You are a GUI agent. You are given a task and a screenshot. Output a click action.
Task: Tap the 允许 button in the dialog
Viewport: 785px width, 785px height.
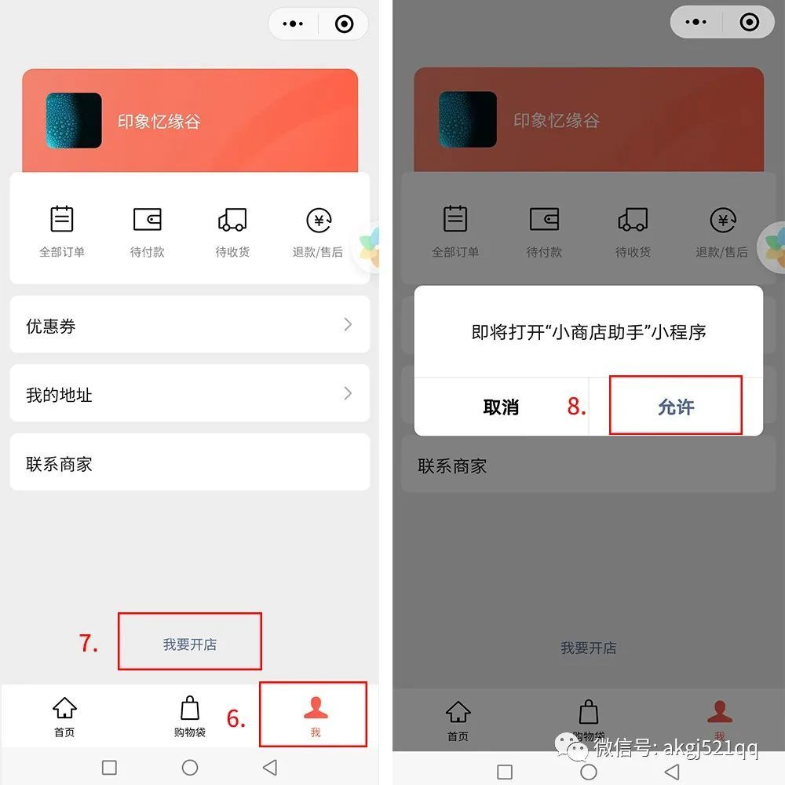click(x=676, y=407)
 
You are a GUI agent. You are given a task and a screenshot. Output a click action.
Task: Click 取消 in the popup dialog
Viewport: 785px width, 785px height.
click(x=501, y=407)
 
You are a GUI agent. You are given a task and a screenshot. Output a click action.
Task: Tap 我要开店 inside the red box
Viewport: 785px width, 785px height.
click(x=190, y=644)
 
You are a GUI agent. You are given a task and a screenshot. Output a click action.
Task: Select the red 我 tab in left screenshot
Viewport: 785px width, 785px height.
click(x=316, y=716)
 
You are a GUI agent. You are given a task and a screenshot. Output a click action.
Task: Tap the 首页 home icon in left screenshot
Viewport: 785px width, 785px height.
click(x=64, y=708)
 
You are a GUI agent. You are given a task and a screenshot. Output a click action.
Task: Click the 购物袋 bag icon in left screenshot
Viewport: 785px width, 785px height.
click(x=190, y=708)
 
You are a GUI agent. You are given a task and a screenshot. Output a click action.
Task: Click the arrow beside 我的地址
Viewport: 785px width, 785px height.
click(x=348, y=393)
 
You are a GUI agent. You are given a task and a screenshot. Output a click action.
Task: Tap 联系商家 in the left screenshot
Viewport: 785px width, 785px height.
click(x=59, y=464)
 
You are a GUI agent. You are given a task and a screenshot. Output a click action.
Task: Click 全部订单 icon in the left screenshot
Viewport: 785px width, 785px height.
click(x=62, y=219)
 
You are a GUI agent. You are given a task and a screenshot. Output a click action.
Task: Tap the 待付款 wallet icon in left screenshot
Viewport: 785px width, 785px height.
click(x=148, y=219)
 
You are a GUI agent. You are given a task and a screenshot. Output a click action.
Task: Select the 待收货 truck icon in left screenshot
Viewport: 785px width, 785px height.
click(x=232, y=220)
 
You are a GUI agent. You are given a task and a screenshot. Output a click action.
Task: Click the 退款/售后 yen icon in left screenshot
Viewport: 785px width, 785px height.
click(x=319, y=221)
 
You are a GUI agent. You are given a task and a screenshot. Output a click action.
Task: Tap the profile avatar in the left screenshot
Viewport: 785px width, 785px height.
click(x=74, y=121)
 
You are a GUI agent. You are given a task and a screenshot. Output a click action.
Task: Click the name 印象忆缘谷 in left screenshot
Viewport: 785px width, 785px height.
click(x=159, y=122)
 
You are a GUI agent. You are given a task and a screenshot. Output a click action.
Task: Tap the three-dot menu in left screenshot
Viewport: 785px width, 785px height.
click(x=293, y=24)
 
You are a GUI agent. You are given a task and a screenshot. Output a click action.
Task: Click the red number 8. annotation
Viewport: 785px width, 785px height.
click(x=576, y=406)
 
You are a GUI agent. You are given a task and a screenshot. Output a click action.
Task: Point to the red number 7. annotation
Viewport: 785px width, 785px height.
click(x=88, y=644)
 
